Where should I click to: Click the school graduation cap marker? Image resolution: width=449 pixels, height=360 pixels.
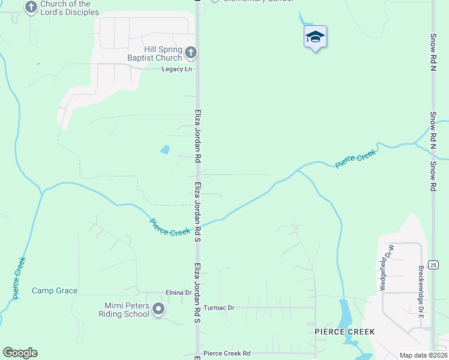tap(316, 37)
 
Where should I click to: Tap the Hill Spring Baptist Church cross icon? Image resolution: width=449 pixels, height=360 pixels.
tap(191, 53)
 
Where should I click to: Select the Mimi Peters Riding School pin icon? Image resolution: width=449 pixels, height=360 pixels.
tap(158, 310)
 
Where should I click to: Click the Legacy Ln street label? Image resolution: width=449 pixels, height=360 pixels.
tap(177, 70)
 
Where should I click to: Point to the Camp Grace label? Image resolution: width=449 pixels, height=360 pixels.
tap(55, 291)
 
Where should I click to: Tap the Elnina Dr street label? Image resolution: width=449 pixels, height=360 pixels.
tap(178, 293)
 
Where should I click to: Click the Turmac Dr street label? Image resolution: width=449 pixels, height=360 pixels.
tap(218, 308)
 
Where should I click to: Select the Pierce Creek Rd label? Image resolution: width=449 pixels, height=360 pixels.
tap(227, 354)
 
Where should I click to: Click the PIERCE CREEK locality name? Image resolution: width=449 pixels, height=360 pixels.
tap(345, 332)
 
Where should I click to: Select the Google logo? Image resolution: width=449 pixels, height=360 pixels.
tap(20, 353)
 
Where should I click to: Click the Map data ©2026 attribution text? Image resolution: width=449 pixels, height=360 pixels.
tap(423, 355)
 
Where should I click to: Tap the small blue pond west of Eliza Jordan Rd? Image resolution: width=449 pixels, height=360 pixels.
tap(165, 149)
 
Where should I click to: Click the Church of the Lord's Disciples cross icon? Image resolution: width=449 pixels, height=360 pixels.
tap(31, 7)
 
